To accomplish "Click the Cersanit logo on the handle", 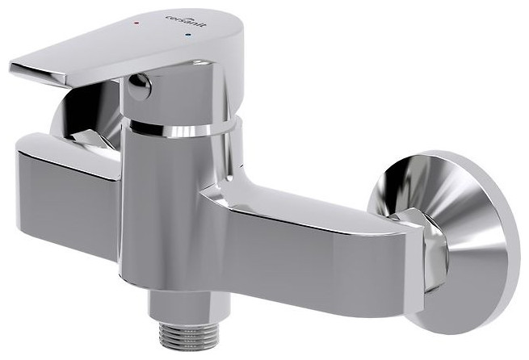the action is click(185, 21).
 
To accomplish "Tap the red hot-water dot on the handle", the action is click(136, 23).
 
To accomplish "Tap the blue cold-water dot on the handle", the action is click(188, 35).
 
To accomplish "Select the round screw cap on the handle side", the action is click(139, 86).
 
